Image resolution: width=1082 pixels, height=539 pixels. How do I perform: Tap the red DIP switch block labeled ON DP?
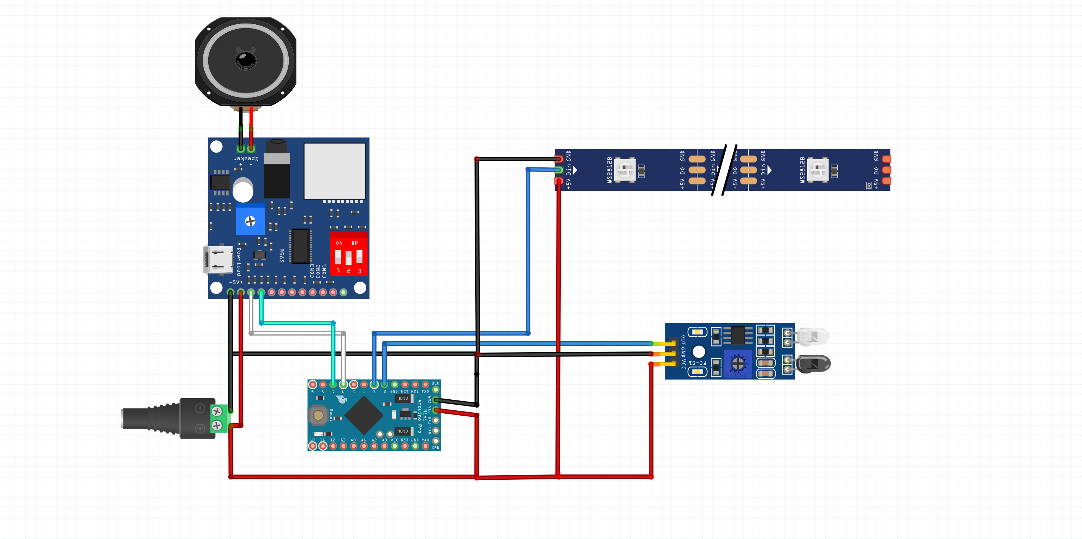[x=349, y=254]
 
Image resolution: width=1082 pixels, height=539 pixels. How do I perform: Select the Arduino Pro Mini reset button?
[x=318, y=415]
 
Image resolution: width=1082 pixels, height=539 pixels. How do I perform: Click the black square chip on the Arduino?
[x=363, y=415]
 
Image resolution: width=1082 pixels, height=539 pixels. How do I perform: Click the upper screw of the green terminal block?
[x=217, y=411]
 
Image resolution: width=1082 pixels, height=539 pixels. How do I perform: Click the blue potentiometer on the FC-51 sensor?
[x=737, y=363]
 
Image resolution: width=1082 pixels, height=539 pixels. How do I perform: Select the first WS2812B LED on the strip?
[x=625, y=170]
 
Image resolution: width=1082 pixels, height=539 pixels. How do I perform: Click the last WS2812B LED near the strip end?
[x=818, y=170]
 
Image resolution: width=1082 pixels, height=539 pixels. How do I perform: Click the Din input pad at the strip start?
[x=558, y=170]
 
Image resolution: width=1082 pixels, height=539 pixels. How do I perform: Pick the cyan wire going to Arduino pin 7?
[x=297, y=323]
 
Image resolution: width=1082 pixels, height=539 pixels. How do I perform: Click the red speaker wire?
[x=251, y=126]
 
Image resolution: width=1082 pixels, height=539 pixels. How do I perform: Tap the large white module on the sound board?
[x=335, y=171]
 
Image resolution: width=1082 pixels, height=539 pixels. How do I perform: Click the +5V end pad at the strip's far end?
[x=886, y=181]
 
